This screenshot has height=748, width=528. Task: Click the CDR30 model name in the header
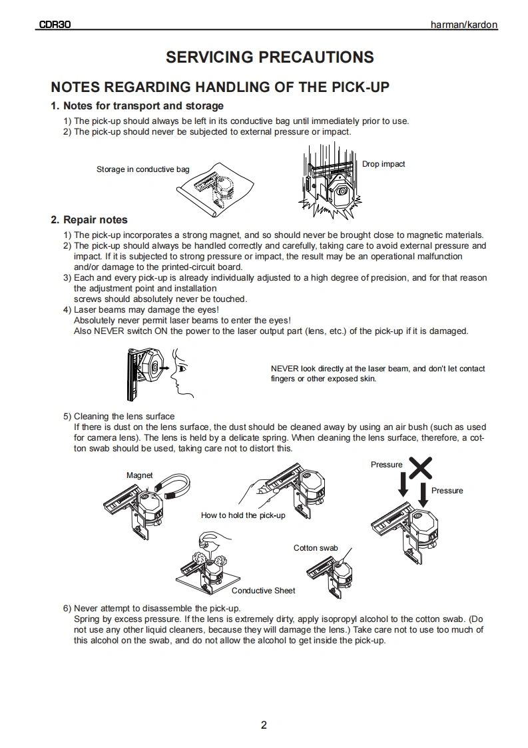point(55,25)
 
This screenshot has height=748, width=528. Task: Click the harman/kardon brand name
point(464,25)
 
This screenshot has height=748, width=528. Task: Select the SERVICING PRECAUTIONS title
point(270,57)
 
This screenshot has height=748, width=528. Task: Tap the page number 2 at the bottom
point(264,725)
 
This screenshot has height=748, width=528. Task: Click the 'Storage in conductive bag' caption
point(142,169)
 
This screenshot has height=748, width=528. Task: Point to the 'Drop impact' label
point(384,164)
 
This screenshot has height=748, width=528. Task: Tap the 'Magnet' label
point(139,475)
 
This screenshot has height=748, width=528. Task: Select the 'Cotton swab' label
point(316,548)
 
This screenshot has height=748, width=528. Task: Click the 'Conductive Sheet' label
point(263,591)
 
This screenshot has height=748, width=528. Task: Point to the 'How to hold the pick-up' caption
point(243,515)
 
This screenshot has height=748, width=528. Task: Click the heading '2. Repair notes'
point(89,220)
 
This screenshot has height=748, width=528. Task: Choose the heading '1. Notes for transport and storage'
point(137,106)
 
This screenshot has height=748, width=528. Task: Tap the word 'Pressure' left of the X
point(387,465)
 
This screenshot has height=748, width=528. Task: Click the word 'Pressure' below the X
point(447,491)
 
